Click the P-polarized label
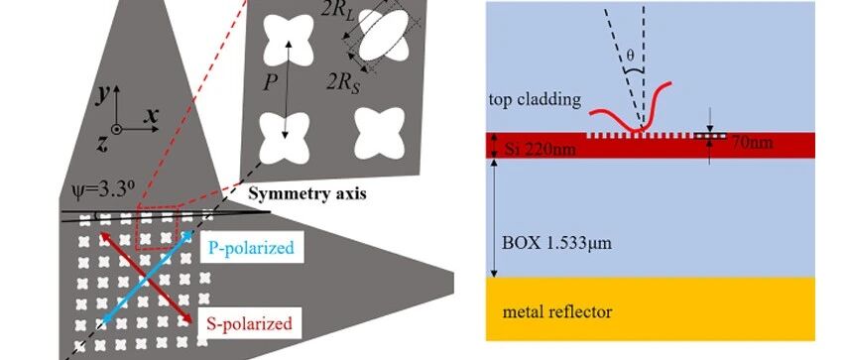click(251, 248)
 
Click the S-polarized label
click(249, 324)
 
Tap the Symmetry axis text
click(307, 194)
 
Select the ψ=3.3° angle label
click(104, 190)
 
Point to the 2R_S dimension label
click(344, 82)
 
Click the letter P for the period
click(272, 82)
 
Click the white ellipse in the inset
click(383, 36)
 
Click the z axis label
click(102, 144)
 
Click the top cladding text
click(536, 100)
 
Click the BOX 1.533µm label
click(556, 243)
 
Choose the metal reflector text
click(556, 312)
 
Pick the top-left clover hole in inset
click(289, 40)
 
